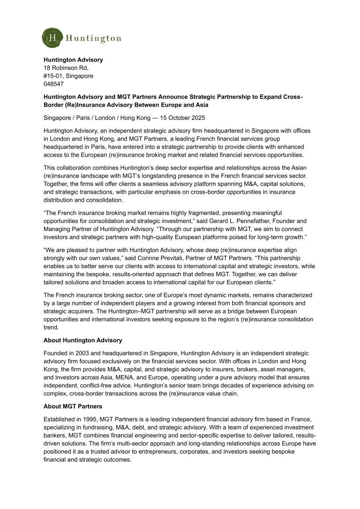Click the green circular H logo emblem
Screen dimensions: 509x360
52,38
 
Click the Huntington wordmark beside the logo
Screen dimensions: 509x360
94,38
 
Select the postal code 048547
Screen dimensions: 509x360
54,84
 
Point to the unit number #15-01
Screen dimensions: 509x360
52,76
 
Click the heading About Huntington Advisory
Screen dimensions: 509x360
83,340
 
